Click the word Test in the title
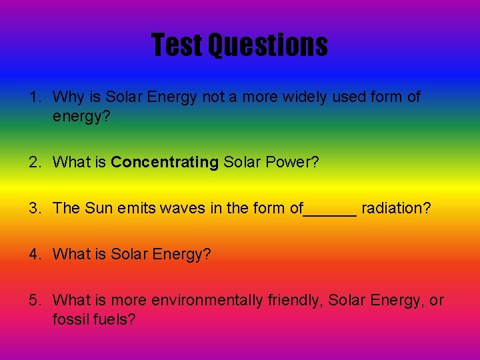click(177, 45)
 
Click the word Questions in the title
click(267, 45)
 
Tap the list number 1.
click(35, 97)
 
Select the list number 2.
click(35, 162)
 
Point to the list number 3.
click(35, 208)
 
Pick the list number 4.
click(35, 254)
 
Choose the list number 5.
click(35, 301)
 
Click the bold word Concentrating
click(165, 162)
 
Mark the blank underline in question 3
click(330, 212)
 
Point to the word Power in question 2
click(291, 162)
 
